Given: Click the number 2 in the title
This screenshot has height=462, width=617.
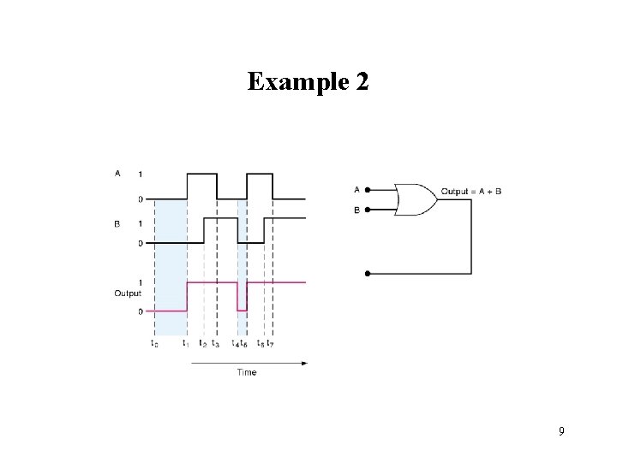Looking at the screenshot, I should pos(361,82).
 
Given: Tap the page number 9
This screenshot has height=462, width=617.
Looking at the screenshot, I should pos(561,431).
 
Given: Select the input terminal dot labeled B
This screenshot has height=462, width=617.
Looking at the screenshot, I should pos(368,210).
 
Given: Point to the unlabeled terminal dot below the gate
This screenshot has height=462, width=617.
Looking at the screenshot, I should pos(368,274).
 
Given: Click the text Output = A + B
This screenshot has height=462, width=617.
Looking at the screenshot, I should pos(471,191).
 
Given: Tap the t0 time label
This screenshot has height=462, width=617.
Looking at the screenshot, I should pos(153,344).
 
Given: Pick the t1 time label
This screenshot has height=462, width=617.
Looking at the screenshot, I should pos(185,344).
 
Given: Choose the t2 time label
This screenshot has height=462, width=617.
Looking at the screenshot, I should pos(202,344).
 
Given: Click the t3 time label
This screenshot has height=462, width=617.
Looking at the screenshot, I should pos(216,344).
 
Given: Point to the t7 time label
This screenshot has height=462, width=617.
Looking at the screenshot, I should pos(271,344).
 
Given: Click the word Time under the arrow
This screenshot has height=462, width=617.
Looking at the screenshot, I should pos(246,372).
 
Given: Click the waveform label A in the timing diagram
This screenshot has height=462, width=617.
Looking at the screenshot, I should pos(117,174).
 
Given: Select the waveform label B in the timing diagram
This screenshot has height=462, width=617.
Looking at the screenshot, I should pos(117,223).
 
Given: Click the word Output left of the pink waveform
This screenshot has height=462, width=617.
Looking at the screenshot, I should pos(127,293).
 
